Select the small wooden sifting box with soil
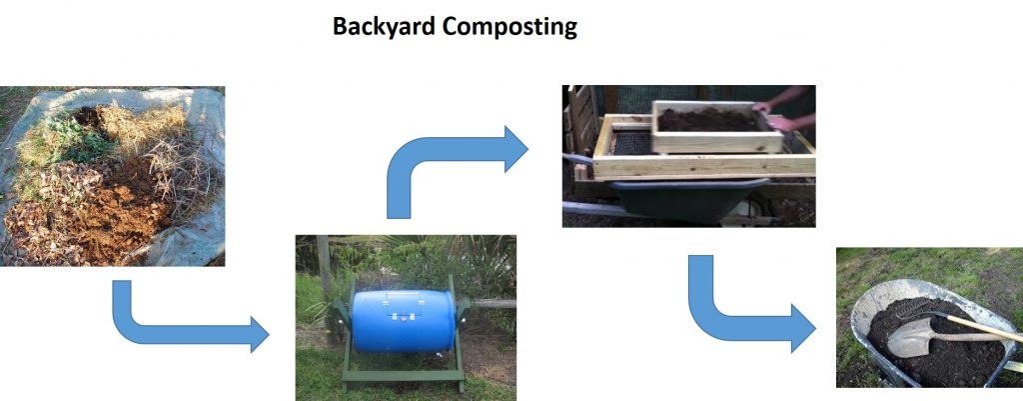pos(716,127)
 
